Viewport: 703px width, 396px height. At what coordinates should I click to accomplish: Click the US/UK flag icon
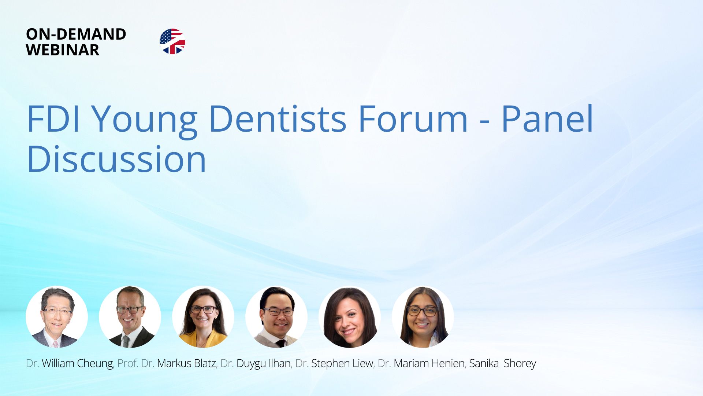[x=172, y=41]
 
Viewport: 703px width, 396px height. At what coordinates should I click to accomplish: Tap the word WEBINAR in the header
[x=63, y=50]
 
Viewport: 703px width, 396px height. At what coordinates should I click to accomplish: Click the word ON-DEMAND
[x=76, y=34]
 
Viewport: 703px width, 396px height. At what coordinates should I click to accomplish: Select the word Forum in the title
[x=413, y=119]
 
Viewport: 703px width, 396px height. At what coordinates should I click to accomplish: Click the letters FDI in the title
[x=53, y=119]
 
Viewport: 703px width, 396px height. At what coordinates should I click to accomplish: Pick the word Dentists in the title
[x=278, y=119]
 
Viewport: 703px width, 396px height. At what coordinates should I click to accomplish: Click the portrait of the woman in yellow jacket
[x=203, y=317]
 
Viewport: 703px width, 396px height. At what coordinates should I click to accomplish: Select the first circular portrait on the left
[x=57, y=317]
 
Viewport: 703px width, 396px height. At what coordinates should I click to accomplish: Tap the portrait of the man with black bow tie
[x=276, y=317]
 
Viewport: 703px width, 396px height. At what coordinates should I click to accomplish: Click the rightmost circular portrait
[x=423, y=317]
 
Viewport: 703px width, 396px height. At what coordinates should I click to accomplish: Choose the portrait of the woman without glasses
[x=350, y=317]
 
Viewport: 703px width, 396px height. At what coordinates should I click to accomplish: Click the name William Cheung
[x=77, y=363]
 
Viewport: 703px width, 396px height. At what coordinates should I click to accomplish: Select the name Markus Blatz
[x=186, y=363]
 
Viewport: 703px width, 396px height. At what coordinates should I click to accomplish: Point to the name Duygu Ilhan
[x=264, y=363]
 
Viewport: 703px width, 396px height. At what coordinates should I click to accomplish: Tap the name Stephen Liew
[x=342, y=363]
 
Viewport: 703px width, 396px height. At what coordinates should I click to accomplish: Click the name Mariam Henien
[x=429, y=363]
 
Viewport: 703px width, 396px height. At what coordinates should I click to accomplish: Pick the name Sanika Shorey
[x=502, y=363]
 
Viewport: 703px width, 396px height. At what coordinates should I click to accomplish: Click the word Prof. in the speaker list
[x=127, y=363]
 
